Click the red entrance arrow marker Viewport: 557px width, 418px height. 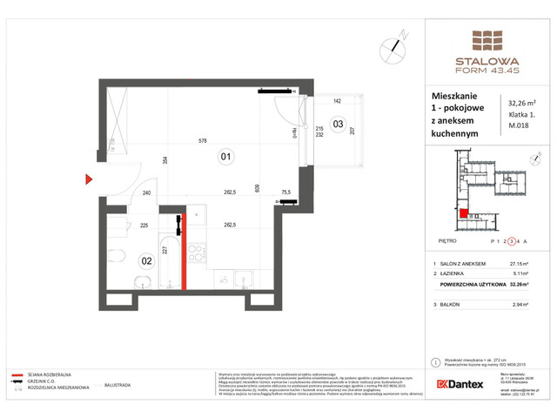(x=89, y=180)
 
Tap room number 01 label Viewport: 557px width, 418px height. (x=225, y=157)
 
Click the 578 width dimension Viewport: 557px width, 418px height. (x=202, y=139)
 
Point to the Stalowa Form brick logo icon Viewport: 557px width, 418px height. (x=487, y=41)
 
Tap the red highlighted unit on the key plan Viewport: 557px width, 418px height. (x=464, y=213)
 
